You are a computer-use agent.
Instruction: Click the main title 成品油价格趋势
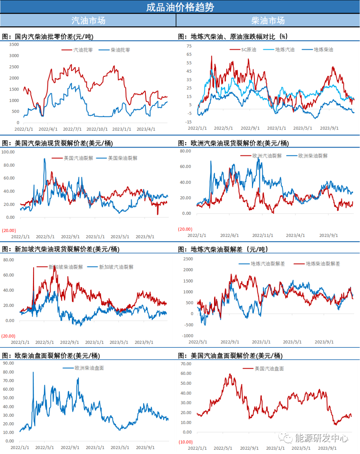180,7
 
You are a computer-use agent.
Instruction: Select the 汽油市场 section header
88,21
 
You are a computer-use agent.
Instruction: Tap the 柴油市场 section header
268,21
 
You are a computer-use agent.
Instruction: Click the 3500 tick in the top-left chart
14,45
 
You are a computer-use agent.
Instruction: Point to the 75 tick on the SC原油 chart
189,46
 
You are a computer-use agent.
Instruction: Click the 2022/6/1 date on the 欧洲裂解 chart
229,235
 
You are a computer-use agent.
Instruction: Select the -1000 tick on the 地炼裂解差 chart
188,336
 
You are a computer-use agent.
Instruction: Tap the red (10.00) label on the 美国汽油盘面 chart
186,442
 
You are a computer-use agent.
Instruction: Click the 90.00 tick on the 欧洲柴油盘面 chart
9,363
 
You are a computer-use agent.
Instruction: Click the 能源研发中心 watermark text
321,438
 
